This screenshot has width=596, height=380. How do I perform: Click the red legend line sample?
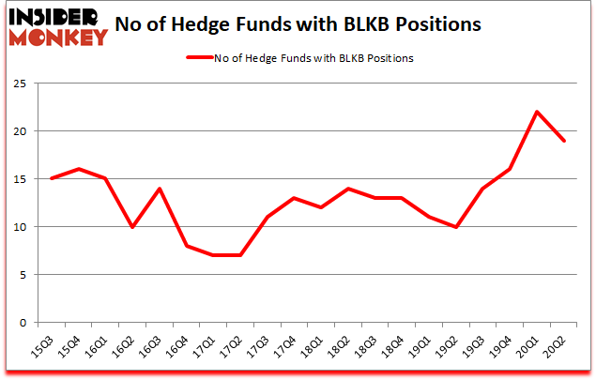coord(200,58)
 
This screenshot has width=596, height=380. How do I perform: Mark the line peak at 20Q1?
coord(537,112)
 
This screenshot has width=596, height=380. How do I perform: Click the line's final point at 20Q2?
coord(564,141)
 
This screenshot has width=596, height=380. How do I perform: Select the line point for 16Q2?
coord(132,227)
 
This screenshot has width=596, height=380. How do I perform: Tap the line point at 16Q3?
coord(160,189)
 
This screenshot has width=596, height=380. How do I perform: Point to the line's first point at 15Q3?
coord(52,178)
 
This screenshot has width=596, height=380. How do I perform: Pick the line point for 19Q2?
coord(456,227)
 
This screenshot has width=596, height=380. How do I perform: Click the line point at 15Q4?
coord(79,169)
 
